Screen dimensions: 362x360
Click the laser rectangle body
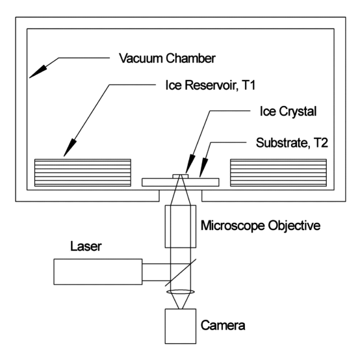coord(97,271)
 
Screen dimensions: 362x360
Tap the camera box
coord(181,325)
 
